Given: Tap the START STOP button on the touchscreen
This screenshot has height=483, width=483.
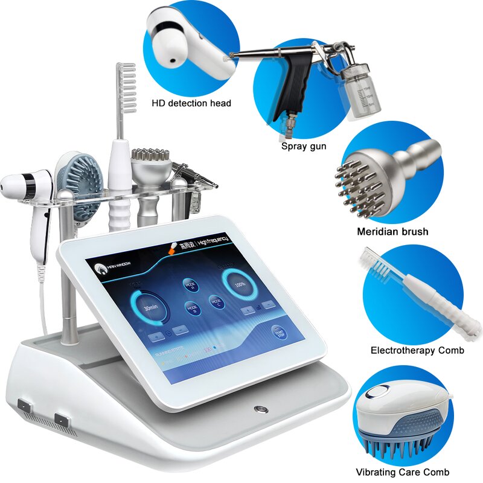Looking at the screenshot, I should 279,334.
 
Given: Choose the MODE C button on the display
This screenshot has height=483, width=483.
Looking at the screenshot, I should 216,302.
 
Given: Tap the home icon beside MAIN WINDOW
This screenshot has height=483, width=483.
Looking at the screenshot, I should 95,269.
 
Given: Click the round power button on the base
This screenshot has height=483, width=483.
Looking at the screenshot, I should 260,409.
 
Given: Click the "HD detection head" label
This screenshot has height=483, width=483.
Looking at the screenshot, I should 191,103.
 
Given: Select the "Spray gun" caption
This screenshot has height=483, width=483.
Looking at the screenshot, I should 303,146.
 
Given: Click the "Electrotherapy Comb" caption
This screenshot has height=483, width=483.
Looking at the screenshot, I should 417,350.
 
